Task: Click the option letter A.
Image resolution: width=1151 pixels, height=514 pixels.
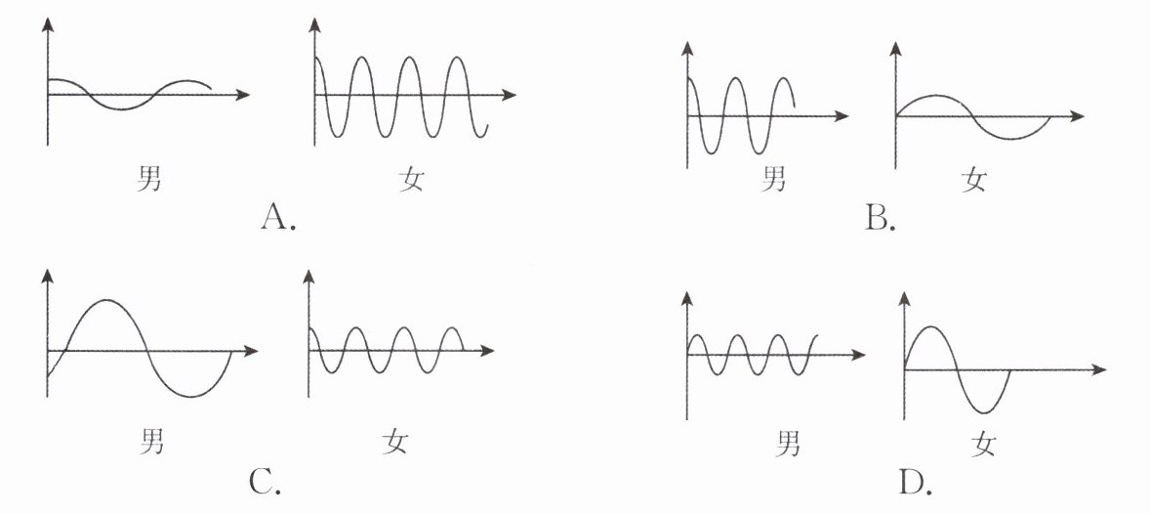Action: pos(278,217)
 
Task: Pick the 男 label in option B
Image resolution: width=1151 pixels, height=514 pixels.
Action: pos(774,179)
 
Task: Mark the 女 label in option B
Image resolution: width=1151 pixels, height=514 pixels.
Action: pos(973,179)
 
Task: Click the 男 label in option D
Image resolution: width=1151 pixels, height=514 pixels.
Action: pos(788,445)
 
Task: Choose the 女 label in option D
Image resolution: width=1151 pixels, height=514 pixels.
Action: pos(983,446)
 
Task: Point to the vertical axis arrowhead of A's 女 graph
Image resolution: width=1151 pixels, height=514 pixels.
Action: pos(314,26)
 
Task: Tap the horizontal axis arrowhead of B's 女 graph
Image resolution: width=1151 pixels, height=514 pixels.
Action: pos(1078,116)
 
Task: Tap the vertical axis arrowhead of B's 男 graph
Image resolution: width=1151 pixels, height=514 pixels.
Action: pos(689,47)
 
